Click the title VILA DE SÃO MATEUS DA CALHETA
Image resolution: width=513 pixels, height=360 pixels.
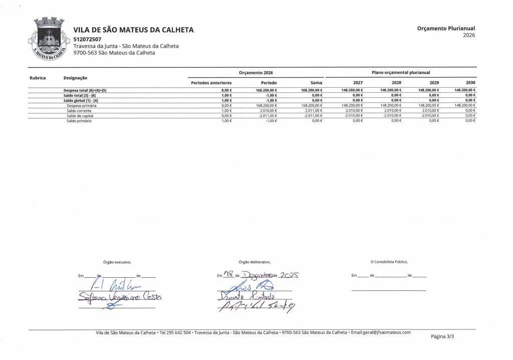tap(133, 30)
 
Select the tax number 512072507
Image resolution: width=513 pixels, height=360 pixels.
tap(87, 39)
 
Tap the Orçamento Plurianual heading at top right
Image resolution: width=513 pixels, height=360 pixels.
tap(445, 29)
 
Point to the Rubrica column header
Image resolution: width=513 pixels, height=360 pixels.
tap(38, 78)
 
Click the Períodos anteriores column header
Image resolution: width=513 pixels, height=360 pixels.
tap(211, 82)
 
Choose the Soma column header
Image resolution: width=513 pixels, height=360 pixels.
tap(316, 82)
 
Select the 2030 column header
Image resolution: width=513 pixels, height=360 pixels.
tap(470, 82)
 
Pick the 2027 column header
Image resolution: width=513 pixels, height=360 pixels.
tap(358, 82)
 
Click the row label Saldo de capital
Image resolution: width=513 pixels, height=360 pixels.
tap(80, 116)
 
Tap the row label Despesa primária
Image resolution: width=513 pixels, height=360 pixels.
tap(81, 106)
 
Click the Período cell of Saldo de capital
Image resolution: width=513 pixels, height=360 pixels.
tap(267, 116)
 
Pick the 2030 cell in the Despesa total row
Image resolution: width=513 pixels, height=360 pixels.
tap(465, 90)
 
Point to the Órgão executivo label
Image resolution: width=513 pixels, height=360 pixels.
tap(117, 262)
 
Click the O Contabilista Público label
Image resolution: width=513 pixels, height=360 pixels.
tap(389, 262)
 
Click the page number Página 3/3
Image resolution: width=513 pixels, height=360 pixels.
tap(442, 336)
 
